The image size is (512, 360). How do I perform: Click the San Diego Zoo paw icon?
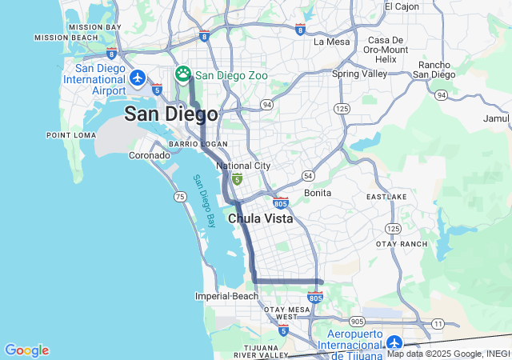[x=183, y=74]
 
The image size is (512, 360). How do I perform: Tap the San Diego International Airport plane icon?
[x=138, y=78]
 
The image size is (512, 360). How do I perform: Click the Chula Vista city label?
[x=260, y=218]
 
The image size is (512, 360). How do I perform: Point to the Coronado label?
[x=150, y=155]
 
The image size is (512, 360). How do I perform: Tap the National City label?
[x=243, y=166]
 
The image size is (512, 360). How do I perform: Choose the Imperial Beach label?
[x=226, y=296]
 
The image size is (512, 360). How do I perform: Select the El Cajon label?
[x=401, y=6]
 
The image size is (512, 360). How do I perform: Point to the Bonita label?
[x=318, y=193]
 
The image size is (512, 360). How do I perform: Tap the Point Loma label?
[x=71, y=135]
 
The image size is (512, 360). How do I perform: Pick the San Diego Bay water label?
[x=205, y=200]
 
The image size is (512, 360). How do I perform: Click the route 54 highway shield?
[x=308, y=175]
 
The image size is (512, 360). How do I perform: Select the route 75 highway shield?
[x=180, y=196]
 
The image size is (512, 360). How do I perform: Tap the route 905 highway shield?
[x=357, y=321]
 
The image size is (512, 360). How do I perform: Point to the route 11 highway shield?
[x=438, y=323]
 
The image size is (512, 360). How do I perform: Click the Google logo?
[x=26, y=350]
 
